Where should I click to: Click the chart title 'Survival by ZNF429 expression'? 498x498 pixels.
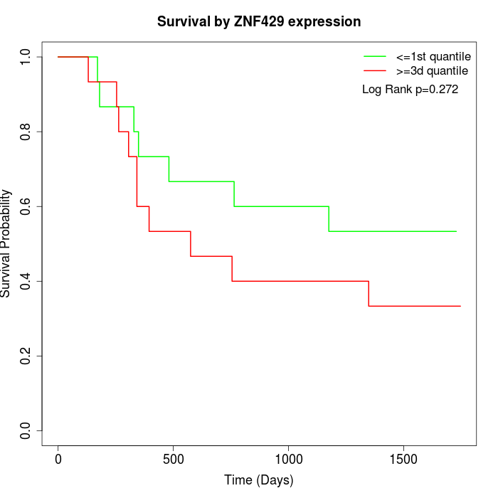click(259, 22)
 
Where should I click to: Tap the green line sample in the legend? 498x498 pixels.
click(375, 56)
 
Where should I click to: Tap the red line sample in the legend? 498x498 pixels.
click(375, 71)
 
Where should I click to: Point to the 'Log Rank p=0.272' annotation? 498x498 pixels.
click(410, 90)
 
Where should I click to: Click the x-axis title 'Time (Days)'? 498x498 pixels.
click(259, 480)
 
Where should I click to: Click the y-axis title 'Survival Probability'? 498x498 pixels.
click(7, 243)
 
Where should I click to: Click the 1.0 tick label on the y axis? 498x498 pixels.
click(26, 57)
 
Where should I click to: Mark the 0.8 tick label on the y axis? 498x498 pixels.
click(26, 132)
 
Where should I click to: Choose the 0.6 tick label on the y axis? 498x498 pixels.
click(26, 206)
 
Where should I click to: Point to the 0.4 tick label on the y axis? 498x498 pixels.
click(26, 281)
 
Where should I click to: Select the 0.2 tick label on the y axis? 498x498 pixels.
click(26, 356)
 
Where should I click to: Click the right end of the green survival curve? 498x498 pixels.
click(456, 231)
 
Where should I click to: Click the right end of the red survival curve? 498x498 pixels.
click(460, 306)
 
